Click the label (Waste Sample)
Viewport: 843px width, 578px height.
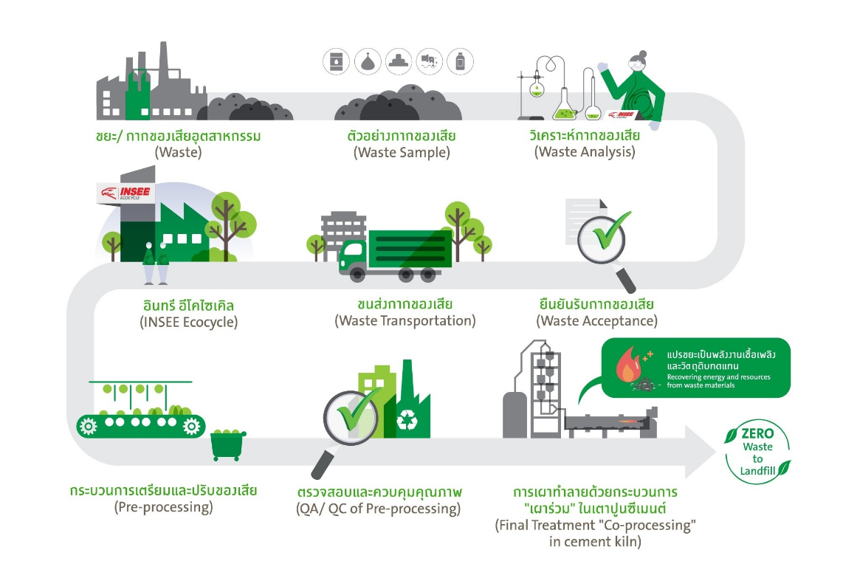click(x=402, y=153)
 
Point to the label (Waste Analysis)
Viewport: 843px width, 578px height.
click(x=585, y=152)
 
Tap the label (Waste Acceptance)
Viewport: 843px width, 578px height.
click(x=596, y=321)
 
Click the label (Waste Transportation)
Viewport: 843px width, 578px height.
click(x=405, y=321)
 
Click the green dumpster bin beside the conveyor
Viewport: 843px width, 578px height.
click(x=229, y=444)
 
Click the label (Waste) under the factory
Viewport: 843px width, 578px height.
click(x=178, y=153)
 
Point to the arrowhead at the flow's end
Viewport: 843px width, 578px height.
click(x=701, y=451)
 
